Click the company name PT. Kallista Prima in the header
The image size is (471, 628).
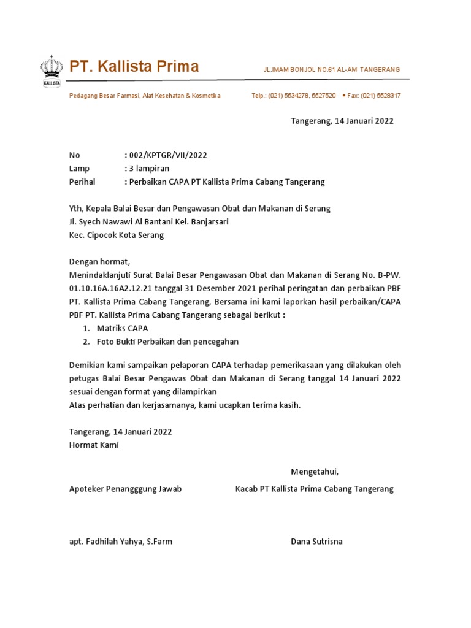[134, 66]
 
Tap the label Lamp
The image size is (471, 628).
[79, 169]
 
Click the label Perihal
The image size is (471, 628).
[83, 182]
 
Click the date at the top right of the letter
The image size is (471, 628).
[342, 121]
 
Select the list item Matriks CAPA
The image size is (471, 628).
[122, 328]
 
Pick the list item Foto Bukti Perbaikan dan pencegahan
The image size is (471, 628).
[167, 342]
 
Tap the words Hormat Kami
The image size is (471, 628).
[94, 445]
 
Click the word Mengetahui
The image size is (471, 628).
[314, 472]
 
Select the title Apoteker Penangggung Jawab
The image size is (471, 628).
[125, 489]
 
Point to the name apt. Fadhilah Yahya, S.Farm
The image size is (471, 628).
[120, 542]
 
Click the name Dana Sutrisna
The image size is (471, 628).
[316, 542]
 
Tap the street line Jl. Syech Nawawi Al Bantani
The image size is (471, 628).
[151, 221]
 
